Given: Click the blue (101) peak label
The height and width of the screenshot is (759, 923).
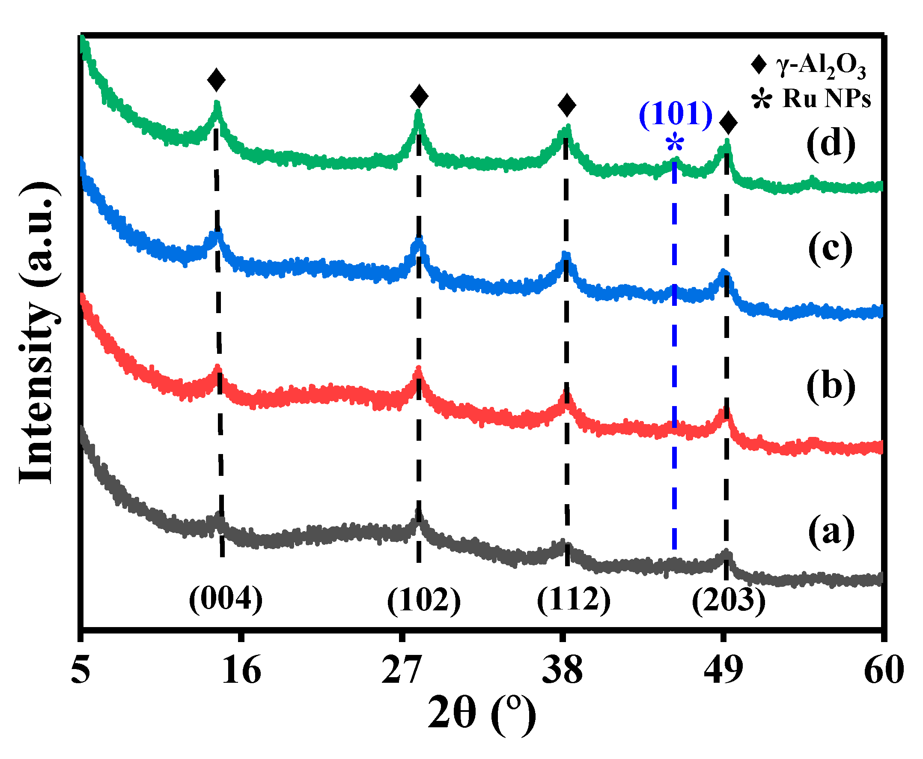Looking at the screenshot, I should tap(676, 115).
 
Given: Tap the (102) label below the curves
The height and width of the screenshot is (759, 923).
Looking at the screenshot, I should tap(423, 600).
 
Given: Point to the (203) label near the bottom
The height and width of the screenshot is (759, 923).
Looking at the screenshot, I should tap(729, 600).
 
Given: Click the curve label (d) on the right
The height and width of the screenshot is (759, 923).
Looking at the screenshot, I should tap(831, 144).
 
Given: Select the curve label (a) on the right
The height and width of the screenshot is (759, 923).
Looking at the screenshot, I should tap(831, 531).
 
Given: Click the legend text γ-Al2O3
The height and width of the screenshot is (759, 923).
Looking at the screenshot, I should tap(821, 66).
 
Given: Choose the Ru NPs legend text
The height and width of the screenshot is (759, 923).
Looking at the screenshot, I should tap(826, 99).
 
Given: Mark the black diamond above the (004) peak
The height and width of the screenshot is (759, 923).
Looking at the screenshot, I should tap(216, 80).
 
